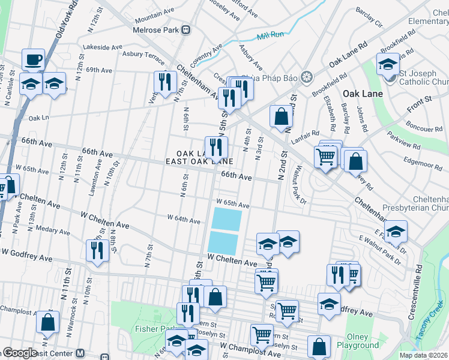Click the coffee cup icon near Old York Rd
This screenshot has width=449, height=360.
tap(33, 59)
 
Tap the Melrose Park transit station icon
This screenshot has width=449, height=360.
tap(187, 29)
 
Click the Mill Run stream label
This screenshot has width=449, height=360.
tap(270, 36)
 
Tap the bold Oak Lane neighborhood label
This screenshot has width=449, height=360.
tap(359, 94)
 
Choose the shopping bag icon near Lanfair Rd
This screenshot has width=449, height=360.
tap(281, 116)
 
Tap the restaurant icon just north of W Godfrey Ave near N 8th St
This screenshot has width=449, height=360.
tap(97, 249)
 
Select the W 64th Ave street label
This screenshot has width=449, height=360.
tap(184, 220)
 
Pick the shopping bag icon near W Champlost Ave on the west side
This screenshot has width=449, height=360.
tap(48, 322)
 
